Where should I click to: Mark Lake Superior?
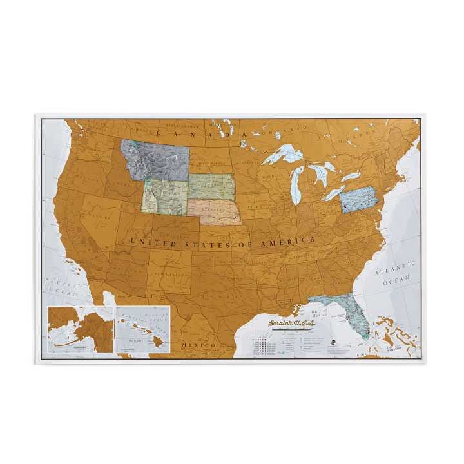point(284,154)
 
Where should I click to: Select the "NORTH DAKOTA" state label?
point(213,164)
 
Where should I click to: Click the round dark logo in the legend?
point(331,342)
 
